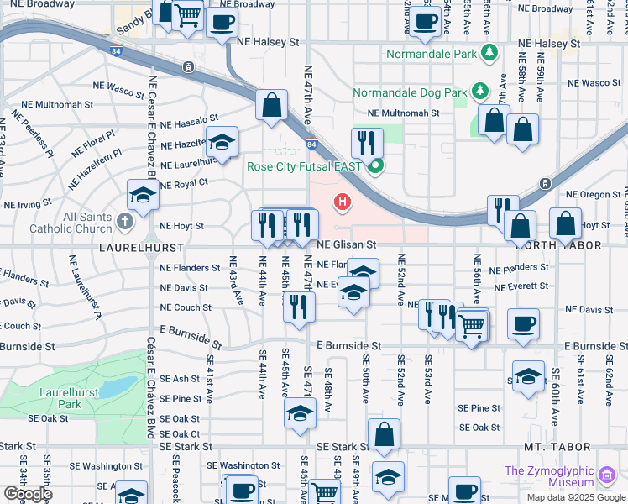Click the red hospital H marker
pyautogui.click(x=342, y=202)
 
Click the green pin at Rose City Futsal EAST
pyautogui.click(x=375, y=166)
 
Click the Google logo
pyautogui.click(x=28, y=494)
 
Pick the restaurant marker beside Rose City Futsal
pyautogui.click(x=367, y=143)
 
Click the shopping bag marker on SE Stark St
pyautogui.click(x=384, y=434)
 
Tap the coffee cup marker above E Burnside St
pyautogui.click(x=522, y=324)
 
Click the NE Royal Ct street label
pyautogui.click(x=183, y=184)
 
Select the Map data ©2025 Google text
pyautogui.click(x=575, y=496)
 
